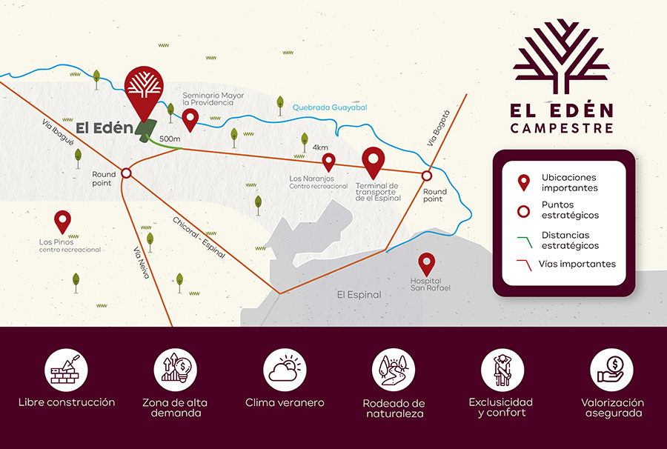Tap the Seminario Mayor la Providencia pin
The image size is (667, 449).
coord(190,119)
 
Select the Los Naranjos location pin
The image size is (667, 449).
coord(329,161)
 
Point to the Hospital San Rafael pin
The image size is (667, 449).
coord(426,262)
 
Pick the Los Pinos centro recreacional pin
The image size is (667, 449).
coord(62,220)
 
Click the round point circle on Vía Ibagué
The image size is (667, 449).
coord(126,173)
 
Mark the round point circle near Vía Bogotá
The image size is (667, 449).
coord(427,176)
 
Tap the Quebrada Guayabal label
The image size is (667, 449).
coord(329,107)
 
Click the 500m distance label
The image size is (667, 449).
coord(170,139)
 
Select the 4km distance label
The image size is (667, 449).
coord(320,147)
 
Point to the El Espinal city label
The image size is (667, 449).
coord(359,294)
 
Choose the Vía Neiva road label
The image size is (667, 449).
coord(142,262)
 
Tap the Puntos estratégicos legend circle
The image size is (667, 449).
coord(524,210)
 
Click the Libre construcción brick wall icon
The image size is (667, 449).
coord(67,368)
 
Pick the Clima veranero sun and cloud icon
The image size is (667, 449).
coord(285,368)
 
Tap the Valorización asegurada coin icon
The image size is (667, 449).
coord(612,368)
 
